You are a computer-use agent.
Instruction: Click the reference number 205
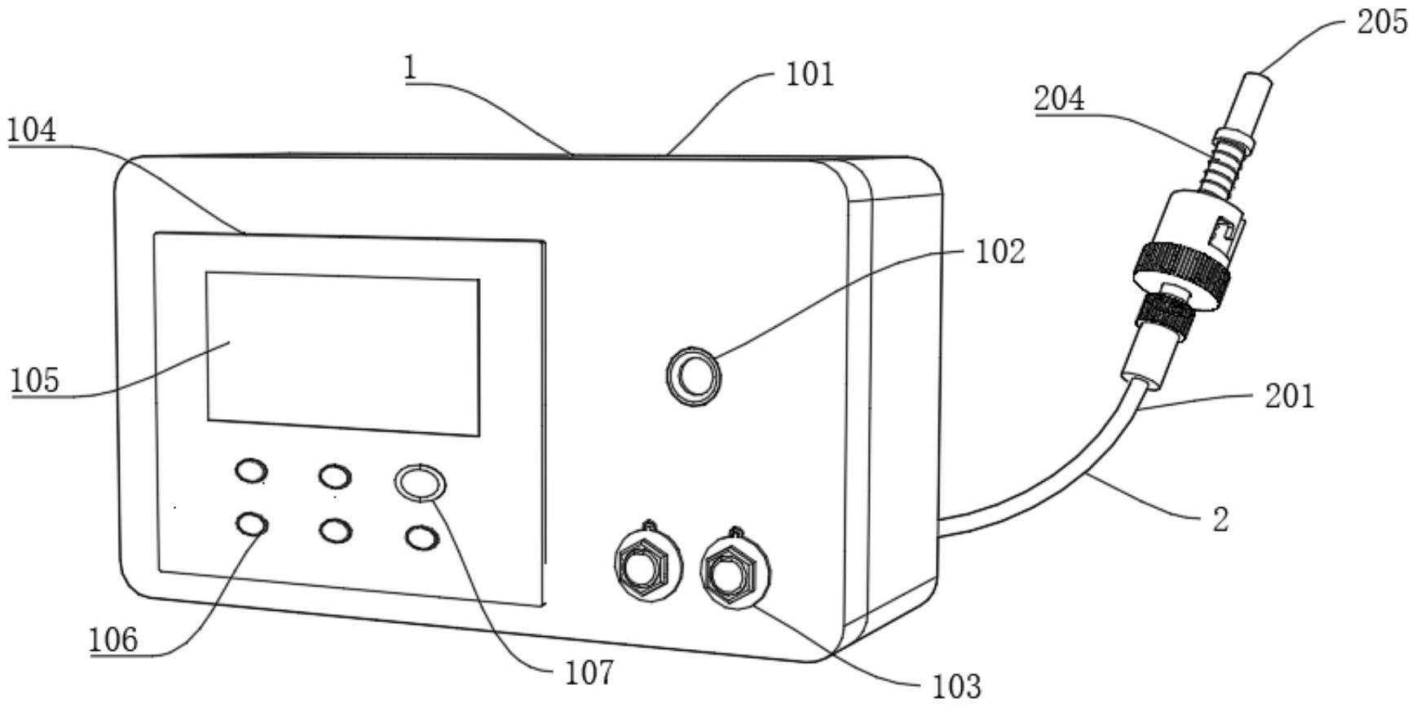(x=1381, y=22)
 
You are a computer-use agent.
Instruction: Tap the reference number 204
(x=1059, y=99)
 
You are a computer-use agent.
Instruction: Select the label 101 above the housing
(x=809, y=74)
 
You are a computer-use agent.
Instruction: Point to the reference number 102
(x=1000, y=251)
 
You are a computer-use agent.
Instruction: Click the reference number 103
(x=956, y=686)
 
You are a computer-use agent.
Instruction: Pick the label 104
(x=32, y=130)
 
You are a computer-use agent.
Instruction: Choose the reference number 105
(x=35, y=380)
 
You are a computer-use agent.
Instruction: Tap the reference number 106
(x=113, y=639)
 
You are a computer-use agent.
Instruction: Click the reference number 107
(x=589, y=673)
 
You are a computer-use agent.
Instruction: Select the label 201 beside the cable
(x=1290, y=396)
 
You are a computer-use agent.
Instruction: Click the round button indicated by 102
(x=694, y=375)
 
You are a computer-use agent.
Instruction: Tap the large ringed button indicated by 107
(x=420, y=482)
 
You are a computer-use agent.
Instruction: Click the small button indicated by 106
(x=251, y=524)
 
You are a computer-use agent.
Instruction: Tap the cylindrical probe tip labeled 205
(x=1259, y=98)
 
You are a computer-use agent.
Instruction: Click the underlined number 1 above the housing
(x=411, y=67)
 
